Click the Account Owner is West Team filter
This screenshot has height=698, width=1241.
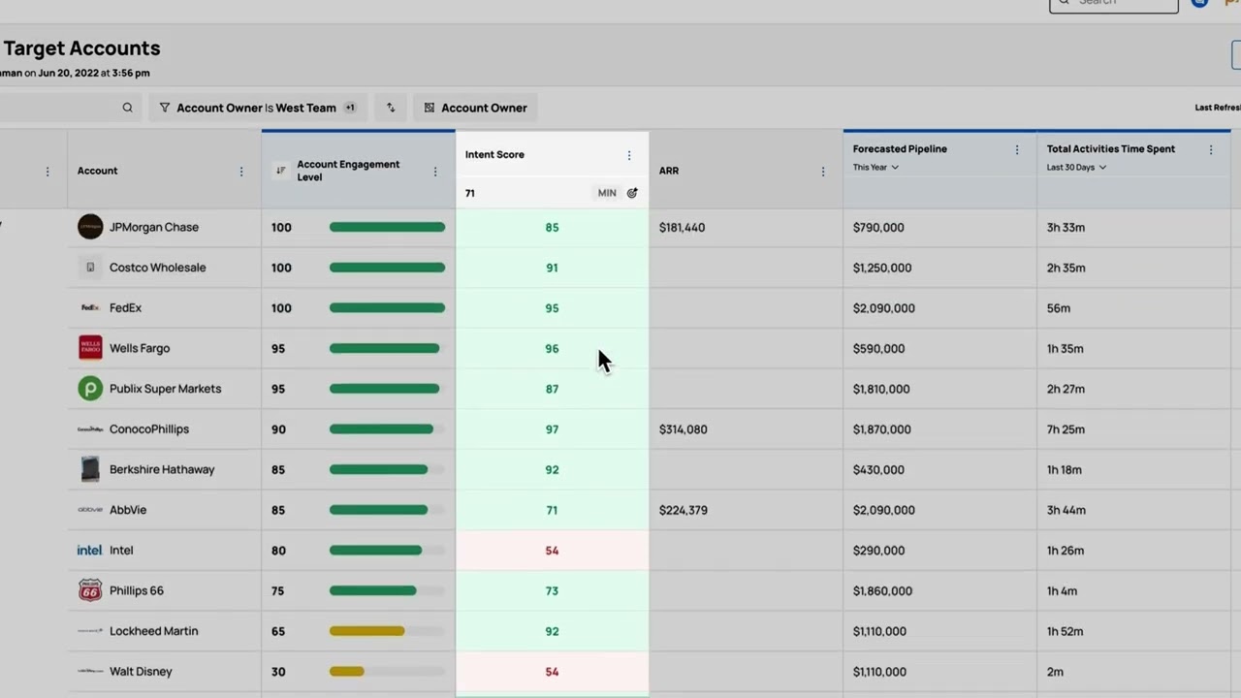257,108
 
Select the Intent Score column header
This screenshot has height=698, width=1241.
494,154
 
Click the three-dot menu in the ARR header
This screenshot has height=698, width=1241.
822,172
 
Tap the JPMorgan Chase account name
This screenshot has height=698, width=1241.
153,227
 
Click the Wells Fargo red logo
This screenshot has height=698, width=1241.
90,348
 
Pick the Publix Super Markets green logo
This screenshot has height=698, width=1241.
90,389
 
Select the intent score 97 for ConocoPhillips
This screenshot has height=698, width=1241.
552,429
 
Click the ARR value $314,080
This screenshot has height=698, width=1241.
683,429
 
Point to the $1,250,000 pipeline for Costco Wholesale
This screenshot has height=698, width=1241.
881,268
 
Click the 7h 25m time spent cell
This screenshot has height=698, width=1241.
1066,429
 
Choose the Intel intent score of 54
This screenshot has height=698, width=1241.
552,551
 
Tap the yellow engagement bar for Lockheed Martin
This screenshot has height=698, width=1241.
366,631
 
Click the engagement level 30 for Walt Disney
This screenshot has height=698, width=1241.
278,672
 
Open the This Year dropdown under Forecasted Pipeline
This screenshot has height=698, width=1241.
875,168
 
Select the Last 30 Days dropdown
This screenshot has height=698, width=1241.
1076,168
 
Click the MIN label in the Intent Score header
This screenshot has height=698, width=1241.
607,193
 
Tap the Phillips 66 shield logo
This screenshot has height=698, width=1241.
90,590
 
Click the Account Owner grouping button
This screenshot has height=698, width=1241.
475,108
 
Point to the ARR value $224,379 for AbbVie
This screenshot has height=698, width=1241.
683,510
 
